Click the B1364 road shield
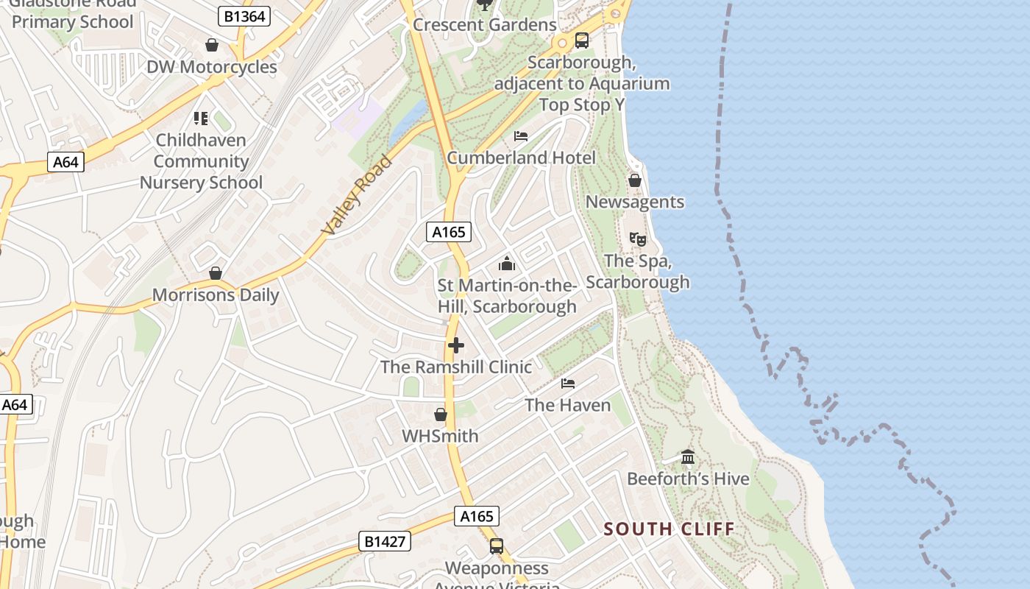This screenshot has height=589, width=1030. pos(244,15)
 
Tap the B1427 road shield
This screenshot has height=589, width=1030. pos(385,541)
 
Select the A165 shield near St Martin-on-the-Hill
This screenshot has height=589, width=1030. pos(449,232)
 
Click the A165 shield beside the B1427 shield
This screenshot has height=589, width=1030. pos(476,516)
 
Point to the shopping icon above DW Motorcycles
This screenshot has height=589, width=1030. pos(212,46)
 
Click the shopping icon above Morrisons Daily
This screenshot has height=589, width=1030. pos(216,274)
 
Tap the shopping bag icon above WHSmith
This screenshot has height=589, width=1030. pos(440,415)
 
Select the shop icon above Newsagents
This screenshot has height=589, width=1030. pos(634,180)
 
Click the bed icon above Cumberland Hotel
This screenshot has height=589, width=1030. pos(521,136)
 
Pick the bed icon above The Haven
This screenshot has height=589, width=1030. pos(567,384)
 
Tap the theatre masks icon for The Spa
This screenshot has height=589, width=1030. pos(637,239)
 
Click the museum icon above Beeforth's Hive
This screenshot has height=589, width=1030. pos(688,457)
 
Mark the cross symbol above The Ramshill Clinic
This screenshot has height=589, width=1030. pos(456,345)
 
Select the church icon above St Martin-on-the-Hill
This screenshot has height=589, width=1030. pos(507,264)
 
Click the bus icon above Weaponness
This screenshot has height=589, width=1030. pos(497,546)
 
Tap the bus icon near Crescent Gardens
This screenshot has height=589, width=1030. pos(582,40)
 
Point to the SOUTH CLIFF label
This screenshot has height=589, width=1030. pos(669,529)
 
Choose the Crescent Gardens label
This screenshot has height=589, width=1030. pos(485,24)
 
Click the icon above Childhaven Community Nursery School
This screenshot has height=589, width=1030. pos(201,118)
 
